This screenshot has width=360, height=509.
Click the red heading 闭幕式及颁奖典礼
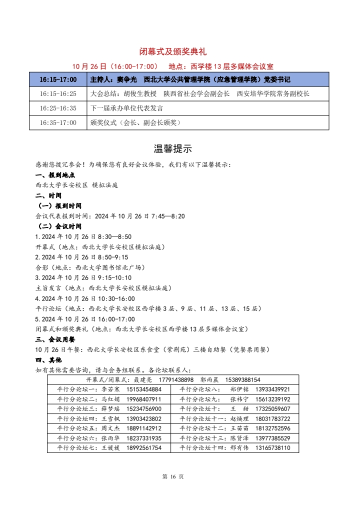coord(172,51)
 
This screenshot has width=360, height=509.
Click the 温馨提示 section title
coord(172,148)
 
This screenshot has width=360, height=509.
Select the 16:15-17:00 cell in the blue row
coord(58,79)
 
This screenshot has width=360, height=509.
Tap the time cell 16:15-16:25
coord(58,93)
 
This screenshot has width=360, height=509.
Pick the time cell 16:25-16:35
coord(58,108)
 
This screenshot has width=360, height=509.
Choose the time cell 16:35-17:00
coord(58,122)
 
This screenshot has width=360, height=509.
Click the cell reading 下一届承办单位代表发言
coord(126,108)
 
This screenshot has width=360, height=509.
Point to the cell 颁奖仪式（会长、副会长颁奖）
coord(135,122)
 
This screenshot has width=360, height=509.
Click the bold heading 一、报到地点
coord(55,175)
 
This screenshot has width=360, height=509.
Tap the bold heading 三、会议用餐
coord(55,339)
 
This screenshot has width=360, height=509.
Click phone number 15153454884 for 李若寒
coord(144,389)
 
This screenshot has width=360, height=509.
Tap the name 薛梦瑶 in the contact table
coord(111,409)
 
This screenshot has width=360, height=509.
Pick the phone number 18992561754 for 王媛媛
coord(144,448)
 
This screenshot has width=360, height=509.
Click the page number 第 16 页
coord(173,476)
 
